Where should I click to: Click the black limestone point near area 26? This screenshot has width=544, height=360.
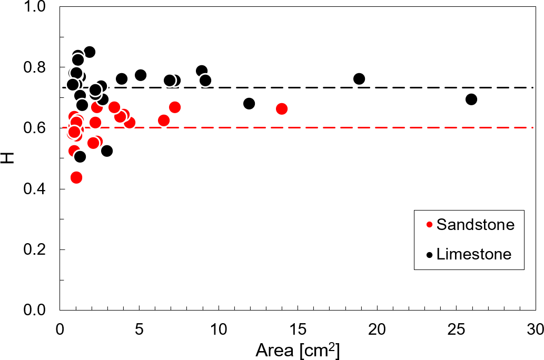point(471,99)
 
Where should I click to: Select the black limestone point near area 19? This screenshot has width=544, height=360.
point(359,79)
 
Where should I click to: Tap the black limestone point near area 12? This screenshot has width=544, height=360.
point(249,103)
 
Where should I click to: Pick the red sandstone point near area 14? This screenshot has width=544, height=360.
point(282,109)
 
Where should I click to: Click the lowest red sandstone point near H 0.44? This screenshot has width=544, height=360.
point(76,177)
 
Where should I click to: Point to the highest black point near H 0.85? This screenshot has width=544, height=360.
point(90,52)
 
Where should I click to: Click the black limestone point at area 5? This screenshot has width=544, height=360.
point(141,75)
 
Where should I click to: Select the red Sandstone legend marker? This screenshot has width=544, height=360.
point(429,225)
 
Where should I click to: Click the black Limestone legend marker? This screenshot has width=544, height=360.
point(429,255)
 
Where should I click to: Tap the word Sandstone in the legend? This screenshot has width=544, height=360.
point(475,225)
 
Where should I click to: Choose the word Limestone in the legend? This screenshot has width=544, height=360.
point(474,254)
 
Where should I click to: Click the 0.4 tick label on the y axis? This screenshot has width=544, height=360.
point(37,189)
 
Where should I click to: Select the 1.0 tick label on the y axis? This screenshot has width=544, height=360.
point(37,7)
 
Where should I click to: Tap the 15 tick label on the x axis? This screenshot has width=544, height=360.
point(298,330)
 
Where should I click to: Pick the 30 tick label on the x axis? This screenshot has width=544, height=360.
point(535,330)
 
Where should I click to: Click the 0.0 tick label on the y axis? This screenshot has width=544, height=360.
point(37,310)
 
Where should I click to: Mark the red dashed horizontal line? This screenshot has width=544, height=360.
point(316,128)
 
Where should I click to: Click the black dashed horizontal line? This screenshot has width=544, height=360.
point(316,87)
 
